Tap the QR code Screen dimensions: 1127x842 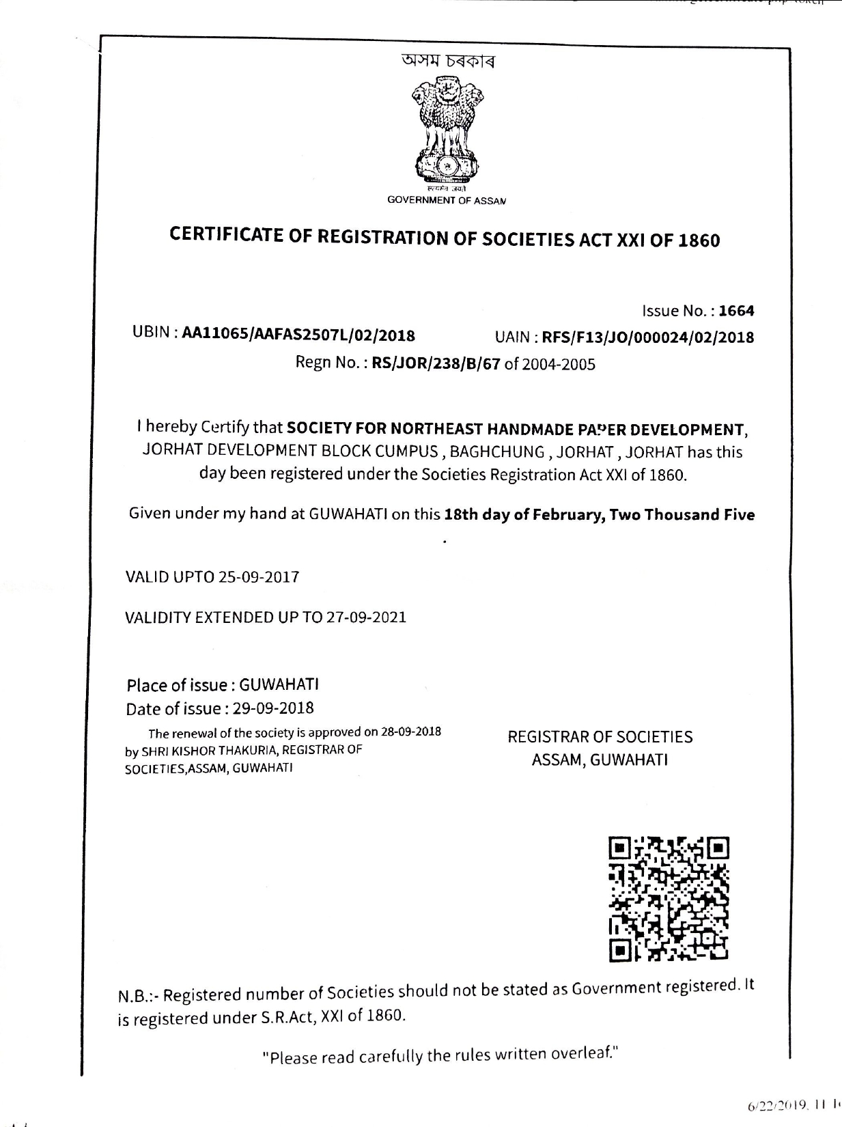[x=669, y=898]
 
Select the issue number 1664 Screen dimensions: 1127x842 [x=737, y=311]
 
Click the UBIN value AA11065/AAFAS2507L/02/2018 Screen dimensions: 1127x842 [x=298, y=335]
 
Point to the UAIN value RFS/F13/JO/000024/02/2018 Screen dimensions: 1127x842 [x=647, y=337]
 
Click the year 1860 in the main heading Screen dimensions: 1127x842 [x=699, y=241]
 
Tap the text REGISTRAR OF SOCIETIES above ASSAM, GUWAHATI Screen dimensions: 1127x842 [x=600, y=737]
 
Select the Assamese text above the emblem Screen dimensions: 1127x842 [x=447, y=61]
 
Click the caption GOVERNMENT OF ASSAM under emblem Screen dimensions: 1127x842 [x=447, y=200]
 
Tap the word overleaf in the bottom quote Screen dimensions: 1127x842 [x=585, y=1054]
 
